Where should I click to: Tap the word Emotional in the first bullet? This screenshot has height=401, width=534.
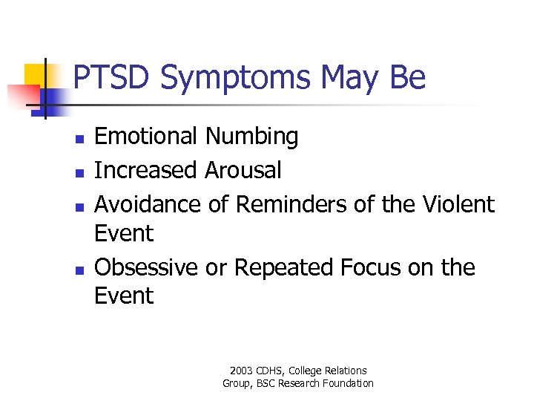tap(146, 137)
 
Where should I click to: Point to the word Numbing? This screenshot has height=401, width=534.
tap(252, 137)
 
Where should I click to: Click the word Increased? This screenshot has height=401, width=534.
tap(145, 170)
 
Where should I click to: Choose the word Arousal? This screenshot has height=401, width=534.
tap(243, 170)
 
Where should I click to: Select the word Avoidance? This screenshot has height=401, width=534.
tap(148, 203)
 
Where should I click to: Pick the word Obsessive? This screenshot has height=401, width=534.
tap(146, 267)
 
